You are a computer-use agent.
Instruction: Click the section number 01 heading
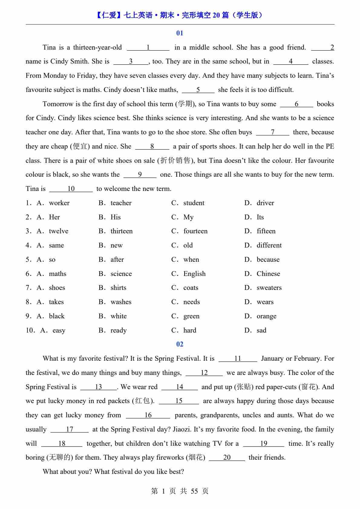[180, 33]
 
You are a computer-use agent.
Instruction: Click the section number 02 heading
[180, 344]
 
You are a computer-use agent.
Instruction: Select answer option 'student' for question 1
[194, 203]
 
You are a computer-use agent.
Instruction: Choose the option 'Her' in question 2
[54, 217]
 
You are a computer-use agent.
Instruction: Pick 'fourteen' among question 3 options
[195, 231]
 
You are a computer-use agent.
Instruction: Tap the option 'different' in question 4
[269, 245]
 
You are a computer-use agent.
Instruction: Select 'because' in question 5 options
[268, 260]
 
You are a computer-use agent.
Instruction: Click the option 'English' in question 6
[195, 274]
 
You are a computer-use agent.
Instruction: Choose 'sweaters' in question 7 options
[269, 288]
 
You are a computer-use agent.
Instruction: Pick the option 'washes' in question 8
[121, 302]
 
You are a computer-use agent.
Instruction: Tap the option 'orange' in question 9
[267, 316]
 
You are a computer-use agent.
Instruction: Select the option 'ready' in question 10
[119, 330]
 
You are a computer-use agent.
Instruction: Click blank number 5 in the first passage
[198, 90]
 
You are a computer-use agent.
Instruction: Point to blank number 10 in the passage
[71, 189]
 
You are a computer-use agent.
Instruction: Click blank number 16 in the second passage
[148, 415]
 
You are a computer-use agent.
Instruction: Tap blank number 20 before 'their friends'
[227, 458]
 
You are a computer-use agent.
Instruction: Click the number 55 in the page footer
[194, 491]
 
